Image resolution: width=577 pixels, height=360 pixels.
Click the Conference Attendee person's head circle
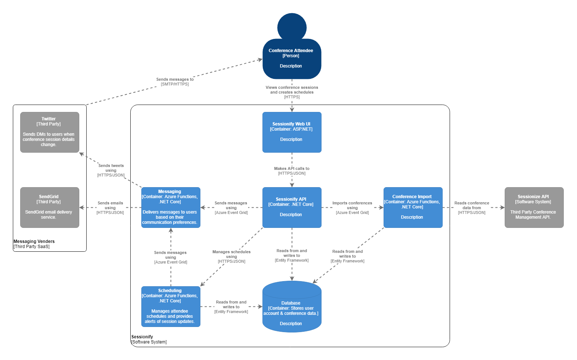click(292, 27)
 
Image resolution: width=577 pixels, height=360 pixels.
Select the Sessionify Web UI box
click(292, 132)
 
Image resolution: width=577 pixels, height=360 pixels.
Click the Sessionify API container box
click(292, 207)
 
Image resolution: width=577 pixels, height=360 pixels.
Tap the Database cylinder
click(292, 308)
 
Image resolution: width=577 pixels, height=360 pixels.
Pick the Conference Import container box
click(413, 207)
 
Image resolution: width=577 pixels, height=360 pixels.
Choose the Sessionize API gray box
click(534, 207)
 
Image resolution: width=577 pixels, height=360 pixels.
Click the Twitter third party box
click(50, 132)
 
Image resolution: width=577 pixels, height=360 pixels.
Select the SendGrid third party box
click(50, 207)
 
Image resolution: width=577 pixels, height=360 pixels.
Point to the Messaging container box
click(171, 207)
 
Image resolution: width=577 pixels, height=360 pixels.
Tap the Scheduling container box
click(171, 306)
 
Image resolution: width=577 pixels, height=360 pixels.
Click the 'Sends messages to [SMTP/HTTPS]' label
click(175, 81)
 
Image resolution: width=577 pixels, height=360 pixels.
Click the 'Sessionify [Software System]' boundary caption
click(149, 339)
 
